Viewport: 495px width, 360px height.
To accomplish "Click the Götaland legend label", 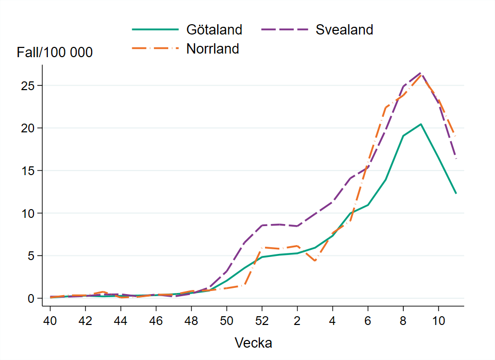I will (214, 30).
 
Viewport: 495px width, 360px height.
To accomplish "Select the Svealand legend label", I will (344, 30).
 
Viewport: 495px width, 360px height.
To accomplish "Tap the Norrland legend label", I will (213, 49).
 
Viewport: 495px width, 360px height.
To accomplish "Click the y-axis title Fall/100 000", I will (55, 53).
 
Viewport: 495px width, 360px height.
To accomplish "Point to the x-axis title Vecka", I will (253, 343).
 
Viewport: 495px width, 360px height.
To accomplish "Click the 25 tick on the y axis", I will (28, 85).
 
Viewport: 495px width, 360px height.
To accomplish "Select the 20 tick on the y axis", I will (28, 128).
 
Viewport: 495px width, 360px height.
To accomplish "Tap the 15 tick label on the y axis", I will (28, 170).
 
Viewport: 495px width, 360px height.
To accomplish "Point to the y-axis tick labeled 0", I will (32, 298).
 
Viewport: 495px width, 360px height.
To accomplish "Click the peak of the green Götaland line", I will (420, 124).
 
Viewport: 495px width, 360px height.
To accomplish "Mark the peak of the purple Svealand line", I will (420, 73).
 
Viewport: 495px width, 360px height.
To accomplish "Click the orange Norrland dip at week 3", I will (315, 261).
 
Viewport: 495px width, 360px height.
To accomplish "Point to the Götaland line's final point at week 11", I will (456, 194).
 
